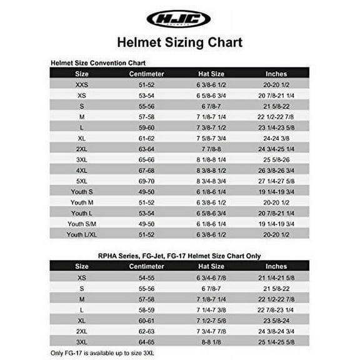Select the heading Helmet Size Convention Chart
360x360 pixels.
(97, 62)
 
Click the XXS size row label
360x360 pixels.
(82, 84)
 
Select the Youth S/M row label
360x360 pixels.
(82, 223)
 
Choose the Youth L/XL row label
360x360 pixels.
(82, 234)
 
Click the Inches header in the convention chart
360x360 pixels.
(276, 72)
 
